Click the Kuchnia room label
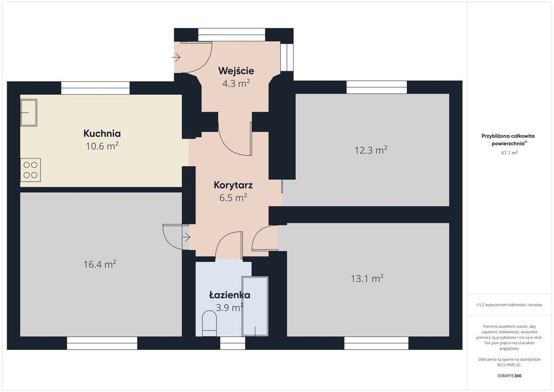coord(102,133)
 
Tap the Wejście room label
coord(236,71)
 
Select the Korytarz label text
coord(233,185)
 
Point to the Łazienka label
coord(229,295)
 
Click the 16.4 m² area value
coord(100,264)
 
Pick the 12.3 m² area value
coord(371,150)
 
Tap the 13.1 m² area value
coord(367,278)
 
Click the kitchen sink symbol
coord(29,113)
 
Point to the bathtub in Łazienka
coord(255,306)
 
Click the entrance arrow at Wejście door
coord(176,57)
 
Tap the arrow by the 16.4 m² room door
coord(186,237)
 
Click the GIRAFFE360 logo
coord(509,376)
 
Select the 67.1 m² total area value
coord(510,153)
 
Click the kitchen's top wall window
coord(95,88)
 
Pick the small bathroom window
coord(233,343)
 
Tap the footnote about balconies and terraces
coord(509,305)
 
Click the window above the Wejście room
coord(232,35)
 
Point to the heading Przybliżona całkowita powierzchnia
coord(508,140)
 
